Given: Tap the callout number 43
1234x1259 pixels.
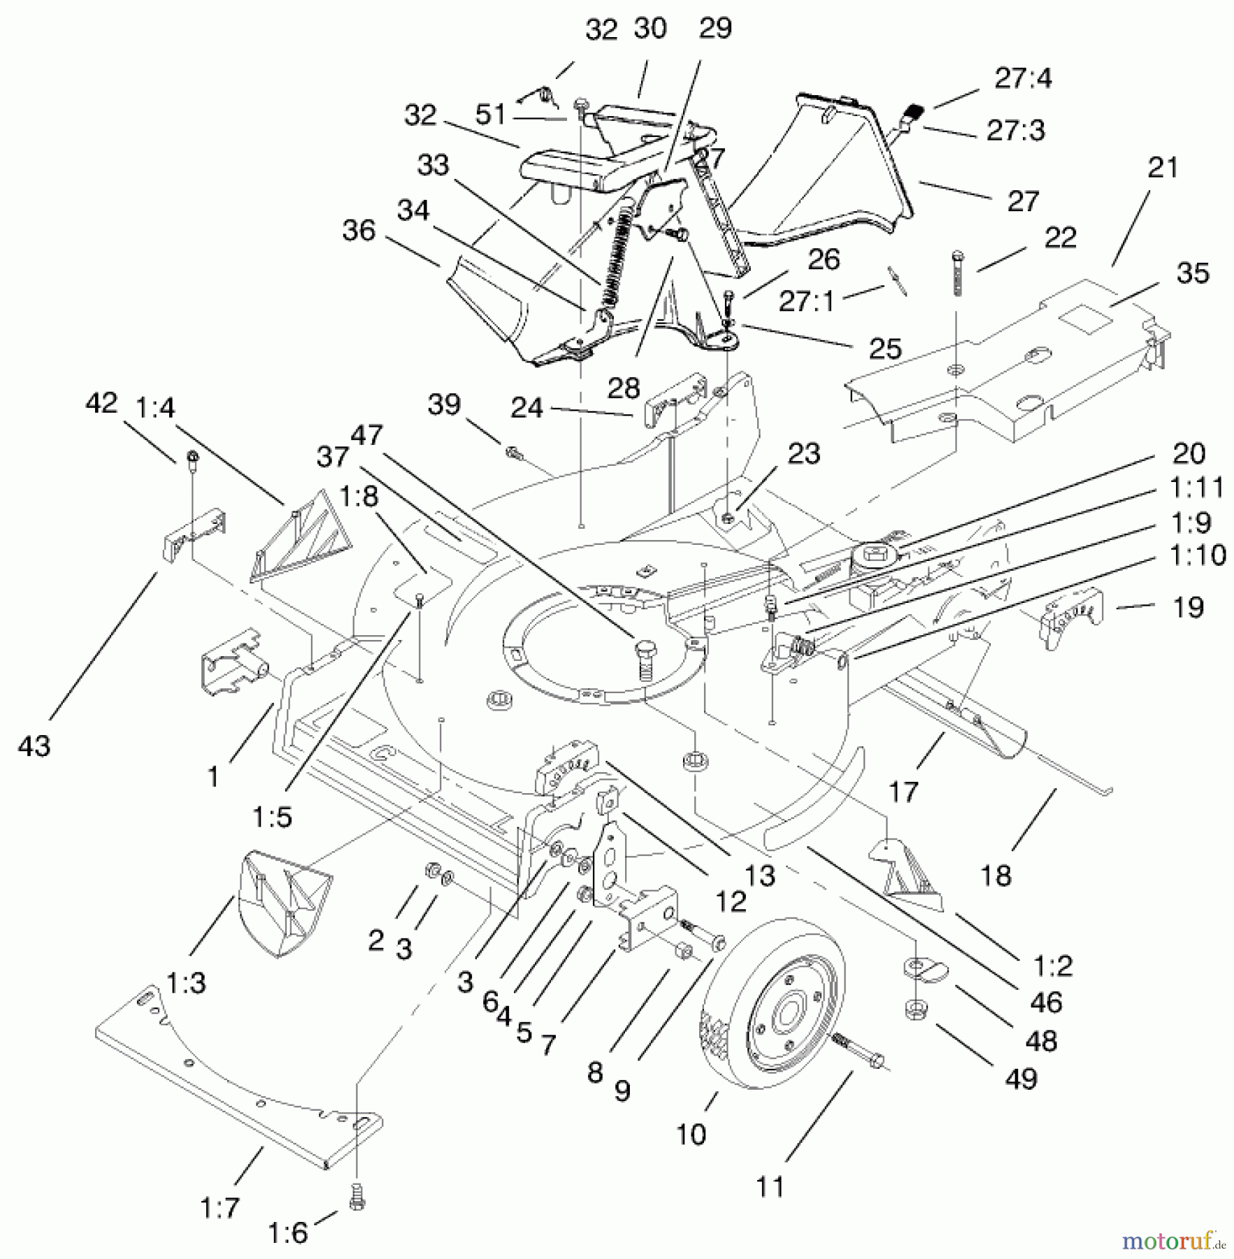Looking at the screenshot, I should tap(34, 746).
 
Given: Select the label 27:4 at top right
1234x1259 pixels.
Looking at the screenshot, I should tap(1023, 78).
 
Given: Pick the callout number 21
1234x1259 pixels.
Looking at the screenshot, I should tap(1163, 168).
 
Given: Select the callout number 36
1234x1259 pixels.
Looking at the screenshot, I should tap(359, 230).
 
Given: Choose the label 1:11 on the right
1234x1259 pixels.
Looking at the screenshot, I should tap(1196, 487).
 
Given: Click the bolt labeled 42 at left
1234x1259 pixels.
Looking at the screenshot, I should tap(192, 460).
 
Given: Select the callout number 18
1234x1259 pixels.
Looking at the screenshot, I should tap(996, 874).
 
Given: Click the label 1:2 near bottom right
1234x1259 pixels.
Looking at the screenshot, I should tap(1053, 966).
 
